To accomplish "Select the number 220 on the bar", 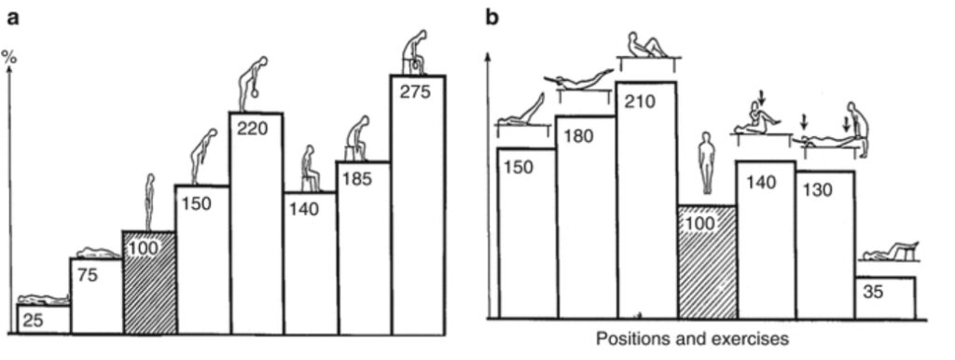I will pos(253,128).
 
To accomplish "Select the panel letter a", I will pos(9,16).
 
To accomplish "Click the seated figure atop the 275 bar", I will pos(416,53).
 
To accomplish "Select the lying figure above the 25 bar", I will pos(43,298).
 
